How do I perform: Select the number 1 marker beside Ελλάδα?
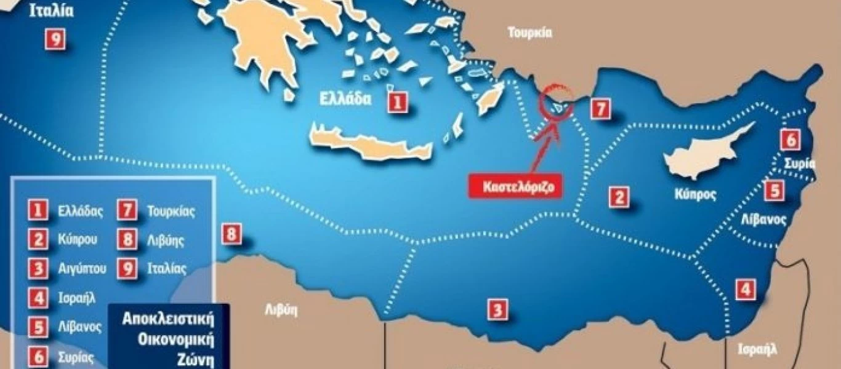click(397, 101)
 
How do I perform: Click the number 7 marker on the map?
click(600, 109)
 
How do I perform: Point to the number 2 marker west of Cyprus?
click(619, 197)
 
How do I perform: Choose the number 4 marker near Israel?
click(746, 288)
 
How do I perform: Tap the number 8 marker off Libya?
click(231, 234)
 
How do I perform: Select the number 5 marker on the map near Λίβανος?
click(775, 190)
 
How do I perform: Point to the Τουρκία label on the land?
click(529, 33)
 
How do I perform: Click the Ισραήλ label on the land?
click(757, 349)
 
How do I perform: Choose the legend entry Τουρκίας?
click(171, 212)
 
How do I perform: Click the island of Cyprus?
click(701, 154)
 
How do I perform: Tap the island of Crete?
click(369, 145)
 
